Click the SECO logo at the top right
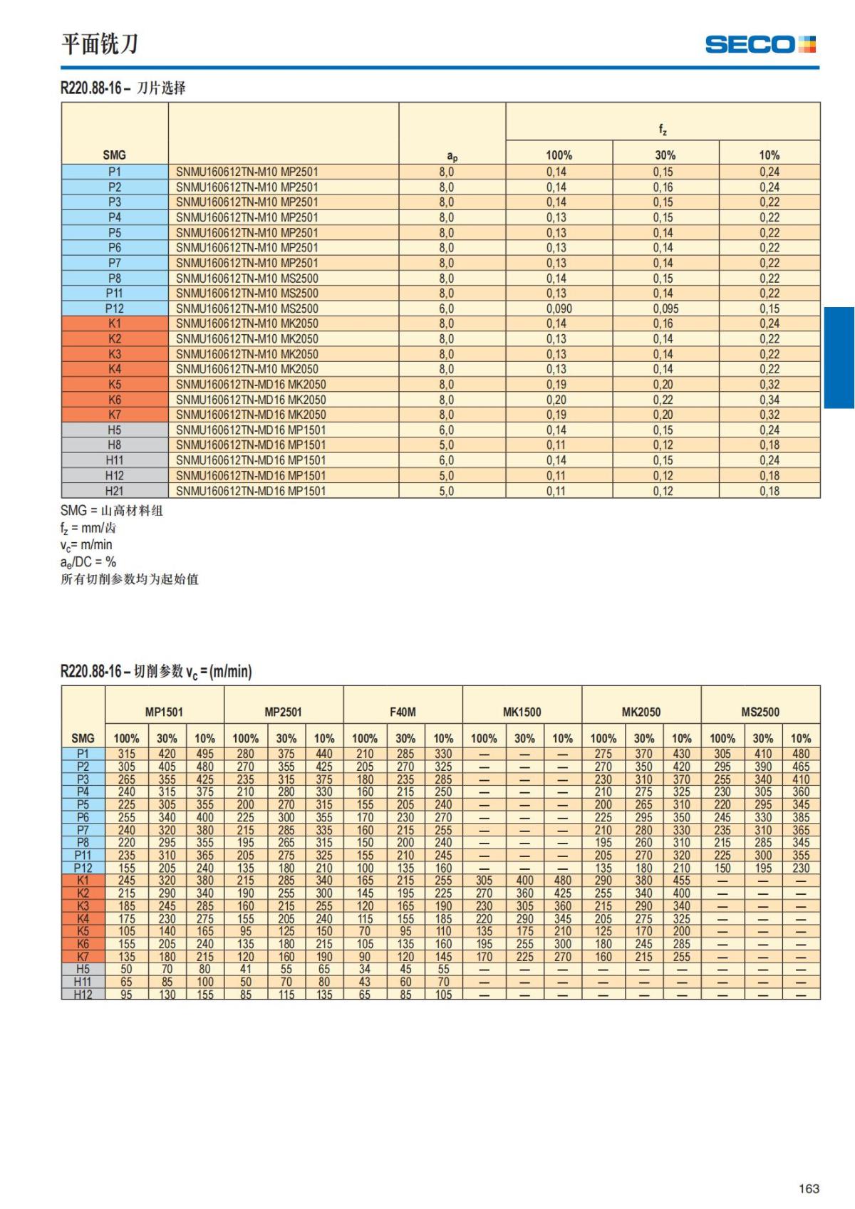760,44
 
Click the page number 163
809,1188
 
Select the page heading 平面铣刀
100,43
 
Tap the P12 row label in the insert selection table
114,308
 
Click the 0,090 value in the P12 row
559,308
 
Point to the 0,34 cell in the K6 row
769,400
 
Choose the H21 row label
114,491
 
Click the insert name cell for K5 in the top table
251,385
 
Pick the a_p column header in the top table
452,155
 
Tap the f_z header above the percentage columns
663,129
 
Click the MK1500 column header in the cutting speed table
522,712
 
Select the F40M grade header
403,712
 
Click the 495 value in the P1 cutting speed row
204,754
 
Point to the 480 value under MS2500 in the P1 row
801,754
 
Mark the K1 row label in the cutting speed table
83,881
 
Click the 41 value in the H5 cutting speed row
245,970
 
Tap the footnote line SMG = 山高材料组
112,511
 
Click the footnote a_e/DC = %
88,562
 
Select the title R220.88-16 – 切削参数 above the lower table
156,671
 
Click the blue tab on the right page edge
839,358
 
